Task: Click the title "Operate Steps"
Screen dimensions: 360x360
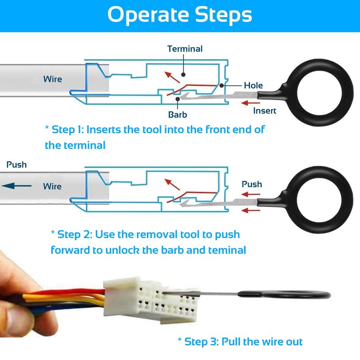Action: tap(180, 15)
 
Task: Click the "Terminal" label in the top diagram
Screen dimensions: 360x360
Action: tap(185, 49)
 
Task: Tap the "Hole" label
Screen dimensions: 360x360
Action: tap(253, 85)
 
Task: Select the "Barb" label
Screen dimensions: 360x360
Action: tap(178, 114)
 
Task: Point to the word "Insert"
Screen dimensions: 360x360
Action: tap(265, 111)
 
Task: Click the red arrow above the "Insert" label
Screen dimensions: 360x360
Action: tap(251, 103)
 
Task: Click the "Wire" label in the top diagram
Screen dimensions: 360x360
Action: tap(53, 79)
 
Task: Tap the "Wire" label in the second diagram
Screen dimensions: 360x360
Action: tap(53, 186)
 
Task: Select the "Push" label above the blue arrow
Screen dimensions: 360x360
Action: tap(16, 165)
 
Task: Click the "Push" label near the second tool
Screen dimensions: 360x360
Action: tap(252, 184)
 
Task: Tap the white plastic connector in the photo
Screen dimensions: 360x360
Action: tap(148, 299)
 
